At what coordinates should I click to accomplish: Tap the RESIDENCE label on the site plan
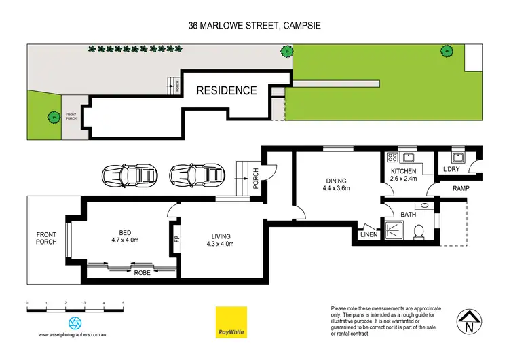(x=227, y=90)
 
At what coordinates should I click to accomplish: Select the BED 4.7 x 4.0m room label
(x=124, y=235)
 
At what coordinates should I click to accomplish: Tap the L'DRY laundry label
(x=453, y=168)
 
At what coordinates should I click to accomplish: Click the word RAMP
(x=461, y=188)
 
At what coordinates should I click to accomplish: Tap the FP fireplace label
(x=176, y=239)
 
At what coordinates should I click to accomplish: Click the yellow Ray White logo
(x=230, y=322)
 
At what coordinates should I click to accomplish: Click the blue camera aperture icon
(x=74, y=322)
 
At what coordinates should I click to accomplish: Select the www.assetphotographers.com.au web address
(x=74, y=335)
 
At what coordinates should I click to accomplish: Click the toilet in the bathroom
(x=419, y=230)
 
